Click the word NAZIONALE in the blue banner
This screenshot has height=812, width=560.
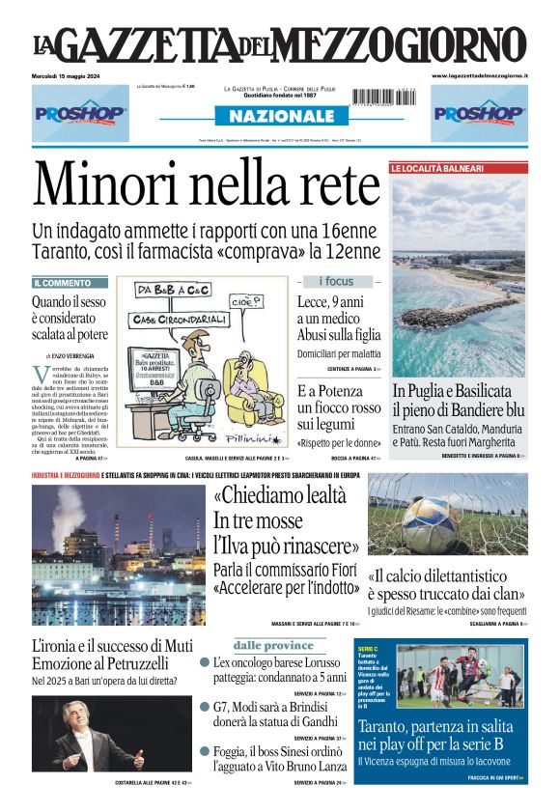point(279,116)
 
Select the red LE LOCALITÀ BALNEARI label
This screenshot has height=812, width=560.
point(437,168)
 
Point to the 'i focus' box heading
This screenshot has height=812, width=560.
point(337,281)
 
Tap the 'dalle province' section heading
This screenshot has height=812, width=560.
point(273,645)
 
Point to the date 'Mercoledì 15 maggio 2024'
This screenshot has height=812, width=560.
point(73,75)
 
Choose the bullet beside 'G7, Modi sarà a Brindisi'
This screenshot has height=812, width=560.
point(205,707)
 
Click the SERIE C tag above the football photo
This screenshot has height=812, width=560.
point(368,650)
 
